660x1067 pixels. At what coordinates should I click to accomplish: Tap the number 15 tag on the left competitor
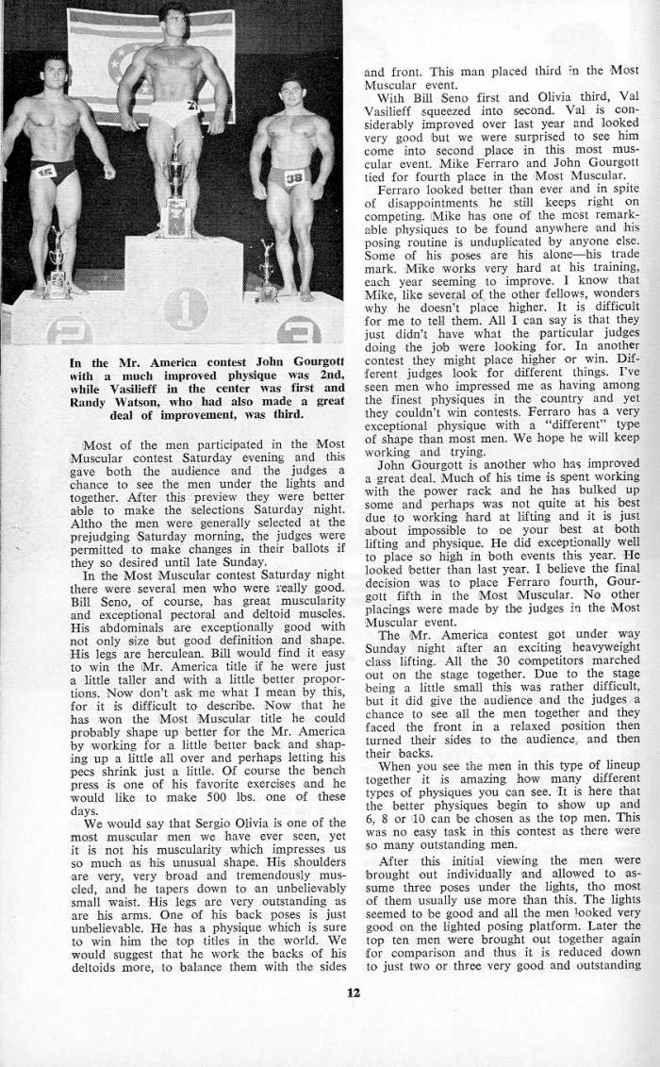coord(45,171)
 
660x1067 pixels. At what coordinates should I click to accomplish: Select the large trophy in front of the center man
coord(175,193)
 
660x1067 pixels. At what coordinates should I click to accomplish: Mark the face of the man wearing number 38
coord(290,95)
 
